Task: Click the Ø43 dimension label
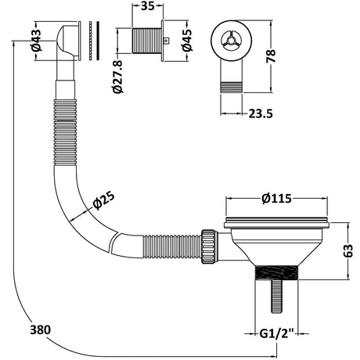pyautogui.click(x=37, y=40)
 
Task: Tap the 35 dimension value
pyautogui.click(x=148, y=6)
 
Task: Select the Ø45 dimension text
pyautogui.click(x=187, y=40)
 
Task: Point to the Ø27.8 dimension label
pyautogui.click(x=117, y=77)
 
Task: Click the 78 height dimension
pyautogui.click(x=271, y=56)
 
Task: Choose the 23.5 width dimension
pyautogui.click(x=261, y=113)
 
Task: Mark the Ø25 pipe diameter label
pyautogui.click(x=103, y=200)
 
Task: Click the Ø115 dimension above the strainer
pyautogui.click(x=276, y=199)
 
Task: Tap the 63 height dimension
pyautogui.click(x=348, y=250)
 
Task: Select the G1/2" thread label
pyautogui.click(x=277, y=333)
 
